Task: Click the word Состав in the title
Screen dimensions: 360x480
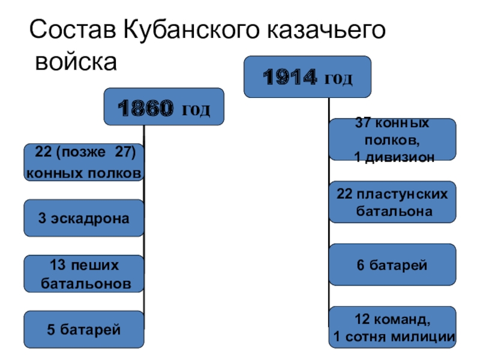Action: [71, 31]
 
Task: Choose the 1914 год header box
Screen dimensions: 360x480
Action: [307, 77]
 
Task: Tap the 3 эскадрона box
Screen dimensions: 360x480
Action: [84, 218]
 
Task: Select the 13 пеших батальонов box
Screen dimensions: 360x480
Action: [84, 274]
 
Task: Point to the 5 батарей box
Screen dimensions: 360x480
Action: [84, 329]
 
